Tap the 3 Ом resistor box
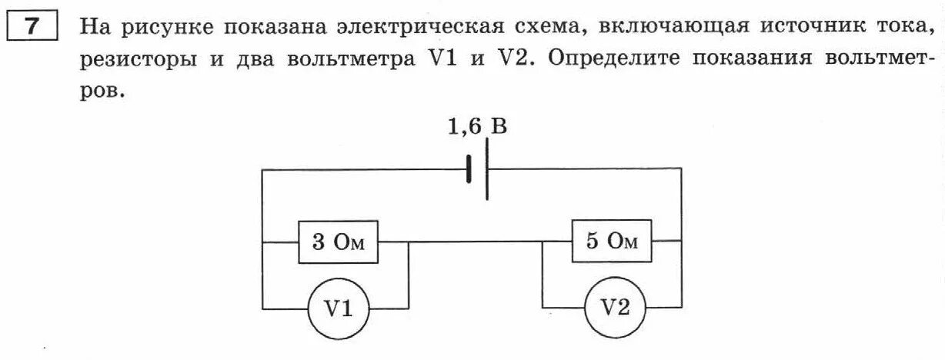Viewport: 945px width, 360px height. (x=339, y=243)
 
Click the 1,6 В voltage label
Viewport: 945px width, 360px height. (x=478, y=127)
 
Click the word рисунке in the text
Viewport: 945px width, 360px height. (x=169, y=29)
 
